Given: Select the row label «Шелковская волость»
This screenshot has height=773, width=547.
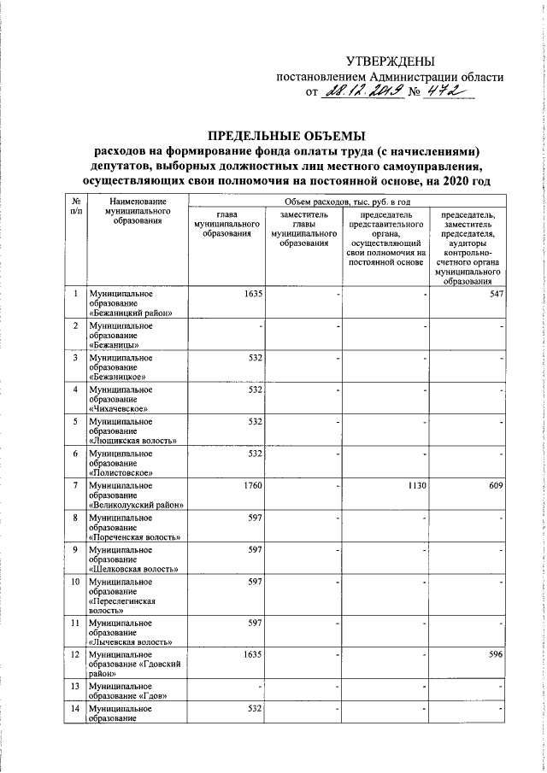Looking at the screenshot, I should pyautogui.click(x=132, y=569).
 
